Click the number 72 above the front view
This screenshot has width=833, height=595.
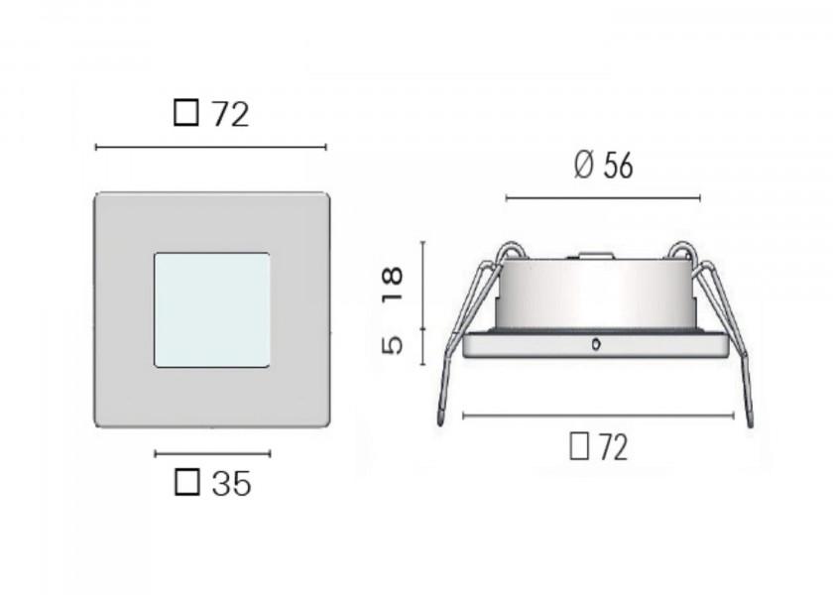click(230, 114)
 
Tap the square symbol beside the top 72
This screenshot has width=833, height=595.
click(186, 113)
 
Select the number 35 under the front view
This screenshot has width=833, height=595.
click(231, 484)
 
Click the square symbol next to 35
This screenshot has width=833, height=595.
click(187, 482)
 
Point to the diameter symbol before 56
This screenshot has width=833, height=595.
click(583, 166)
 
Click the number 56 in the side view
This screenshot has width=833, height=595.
click(618, 166)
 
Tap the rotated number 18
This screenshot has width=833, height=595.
click(393, 284)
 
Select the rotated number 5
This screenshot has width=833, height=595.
click(393, 345)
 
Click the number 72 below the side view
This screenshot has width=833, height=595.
click(613, 448)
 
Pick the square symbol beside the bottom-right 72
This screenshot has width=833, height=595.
click(579, 446)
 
